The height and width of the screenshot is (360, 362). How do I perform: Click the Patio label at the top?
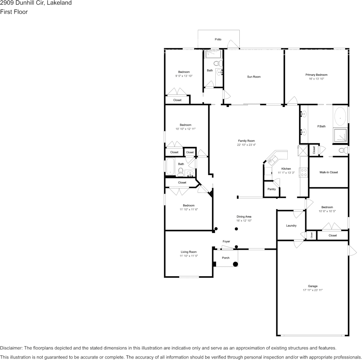pyautogui.click(x=218, y=39)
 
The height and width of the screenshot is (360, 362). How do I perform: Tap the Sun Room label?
pyautogui.click(x=254, y=77)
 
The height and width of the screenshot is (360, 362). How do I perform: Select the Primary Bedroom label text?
pyautogui.click(x=316, y=75)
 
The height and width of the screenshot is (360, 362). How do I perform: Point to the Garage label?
pyautogui.click(x=312, y=286)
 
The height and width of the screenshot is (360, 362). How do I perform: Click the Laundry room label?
pyautogui.click(x=291, y=226)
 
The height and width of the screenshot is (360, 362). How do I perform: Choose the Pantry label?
pyautogui.click(x=271, y=189)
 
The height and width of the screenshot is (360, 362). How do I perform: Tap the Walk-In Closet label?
pyautogui.click(x=328, y=172)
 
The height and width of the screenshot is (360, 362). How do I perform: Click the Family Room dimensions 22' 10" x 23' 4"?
pyautogui.click(x=246, y=145)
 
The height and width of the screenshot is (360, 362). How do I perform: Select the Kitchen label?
pyautogui.click(x=286, y=169)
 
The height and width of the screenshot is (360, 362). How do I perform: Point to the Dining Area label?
pyautogui.click(x=244, y=217)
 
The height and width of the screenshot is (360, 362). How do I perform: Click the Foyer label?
pyautogui.click(x=226, y=241)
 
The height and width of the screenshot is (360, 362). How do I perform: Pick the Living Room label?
pyautogui.click(x=189, y=252)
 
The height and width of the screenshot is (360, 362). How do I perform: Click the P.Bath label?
pyautogui.click(x=321, y=126)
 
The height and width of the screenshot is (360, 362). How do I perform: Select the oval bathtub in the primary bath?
pyautogui.click(x=340, y=116)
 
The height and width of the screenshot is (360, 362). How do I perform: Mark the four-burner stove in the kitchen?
pyautogui.click(x=304, y=172)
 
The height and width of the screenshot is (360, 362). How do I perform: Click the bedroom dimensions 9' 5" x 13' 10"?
pyautogui.click(x=184, y=76)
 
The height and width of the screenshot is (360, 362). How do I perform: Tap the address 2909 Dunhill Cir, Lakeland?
pyautogui.click(x=36, y=3)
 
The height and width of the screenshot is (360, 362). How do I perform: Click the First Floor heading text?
pyautogui.click(x=14, y=12)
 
